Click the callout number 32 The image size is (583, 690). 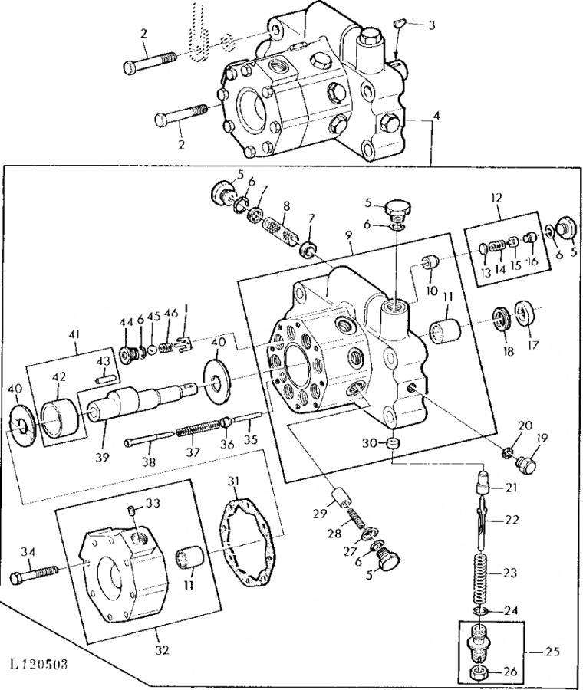pyautogui.click(x=163, y=649)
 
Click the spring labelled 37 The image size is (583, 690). pyautogui.click(x=198, y=427)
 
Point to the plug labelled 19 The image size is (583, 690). pyautogui.click(x=525, y=463)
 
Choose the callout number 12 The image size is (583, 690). pyautogui.click(x=496, y=197)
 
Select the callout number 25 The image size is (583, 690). pyautogui.click(x=552, y=651)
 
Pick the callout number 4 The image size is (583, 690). pyautogui.click(x=436, y=117)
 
